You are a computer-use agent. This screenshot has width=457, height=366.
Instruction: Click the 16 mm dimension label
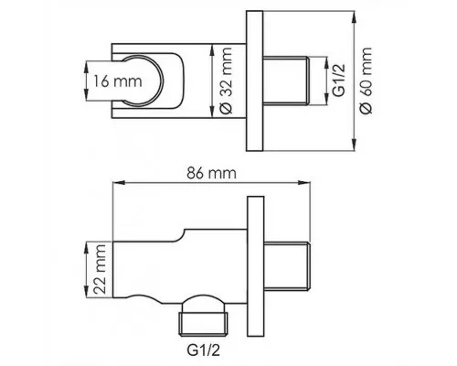[118, 81]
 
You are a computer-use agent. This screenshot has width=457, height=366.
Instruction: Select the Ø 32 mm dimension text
[226, 81]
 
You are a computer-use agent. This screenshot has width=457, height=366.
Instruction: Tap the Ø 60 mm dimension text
[366, 81]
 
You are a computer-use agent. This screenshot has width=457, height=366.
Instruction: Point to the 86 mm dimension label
[211, 173]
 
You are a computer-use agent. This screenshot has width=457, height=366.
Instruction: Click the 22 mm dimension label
[100, 269]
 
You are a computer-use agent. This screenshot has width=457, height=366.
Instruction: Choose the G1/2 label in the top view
[338, 81]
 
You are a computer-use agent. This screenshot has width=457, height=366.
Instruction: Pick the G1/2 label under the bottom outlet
[203, 350]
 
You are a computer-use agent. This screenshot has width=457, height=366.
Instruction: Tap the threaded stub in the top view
[286, 81]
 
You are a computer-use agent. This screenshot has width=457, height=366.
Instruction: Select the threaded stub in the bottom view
[287, 265]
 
